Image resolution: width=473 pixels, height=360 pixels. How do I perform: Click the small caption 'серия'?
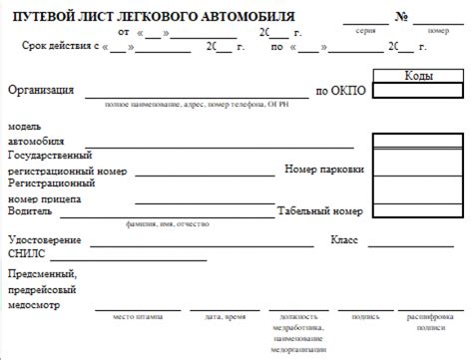365,31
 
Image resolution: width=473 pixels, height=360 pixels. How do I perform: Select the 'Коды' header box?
419,76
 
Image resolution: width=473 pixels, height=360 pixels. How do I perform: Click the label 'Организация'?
41,91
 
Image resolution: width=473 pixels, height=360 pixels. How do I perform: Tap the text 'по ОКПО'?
340,91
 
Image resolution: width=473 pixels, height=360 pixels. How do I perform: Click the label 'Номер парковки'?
323,170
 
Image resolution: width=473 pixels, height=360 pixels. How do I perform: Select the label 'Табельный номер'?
319,211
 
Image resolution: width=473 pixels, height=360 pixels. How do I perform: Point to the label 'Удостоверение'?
45,240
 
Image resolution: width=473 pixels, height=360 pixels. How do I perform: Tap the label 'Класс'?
344,240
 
